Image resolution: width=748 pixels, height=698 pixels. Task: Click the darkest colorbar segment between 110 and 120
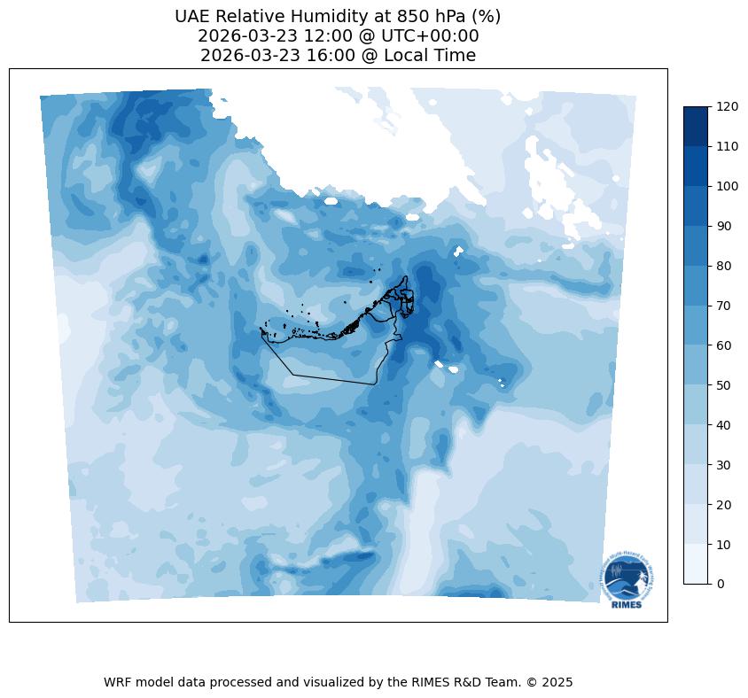697,126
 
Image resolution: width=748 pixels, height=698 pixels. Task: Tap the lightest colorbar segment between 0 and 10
697,564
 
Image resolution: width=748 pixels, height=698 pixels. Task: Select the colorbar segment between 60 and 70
697,325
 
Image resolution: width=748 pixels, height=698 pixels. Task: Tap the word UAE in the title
193,16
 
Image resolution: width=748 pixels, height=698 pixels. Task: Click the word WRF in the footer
118,682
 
